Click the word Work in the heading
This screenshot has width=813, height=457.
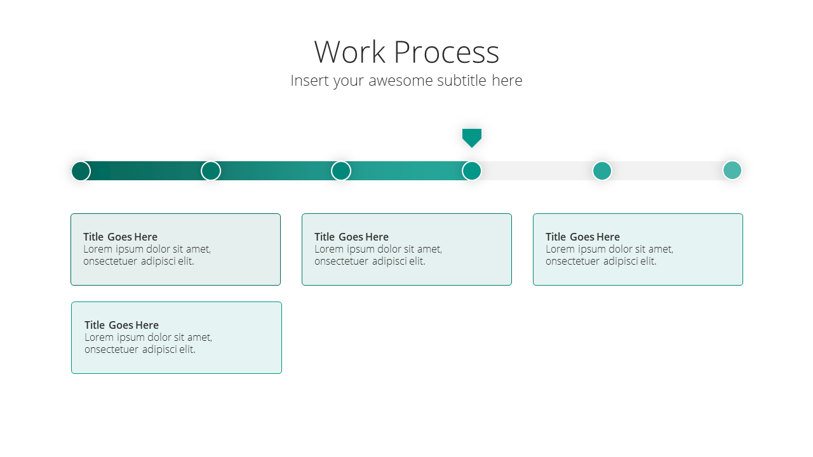pos(349,52)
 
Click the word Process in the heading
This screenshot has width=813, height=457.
pos(447,52)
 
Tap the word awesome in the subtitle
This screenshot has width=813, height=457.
pos(400,81)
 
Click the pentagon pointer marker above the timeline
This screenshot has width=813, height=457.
pos(472,138)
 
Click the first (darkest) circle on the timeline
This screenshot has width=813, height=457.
pos(81,171)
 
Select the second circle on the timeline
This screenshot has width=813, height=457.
pos(211,171)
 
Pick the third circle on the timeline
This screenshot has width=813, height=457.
pos(341,171)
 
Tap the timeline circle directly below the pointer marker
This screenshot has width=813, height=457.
pos(471,171)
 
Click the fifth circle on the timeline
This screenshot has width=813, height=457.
pos(601,171)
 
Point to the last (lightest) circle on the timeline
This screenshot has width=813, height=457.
pos(732,171)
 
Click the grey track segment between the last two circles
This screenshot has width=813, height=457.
pos(667,171)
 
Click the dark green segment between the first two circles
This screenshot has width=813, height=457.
pos(145,171)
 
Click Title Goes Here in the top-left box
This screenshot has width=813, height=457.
pos(120,237)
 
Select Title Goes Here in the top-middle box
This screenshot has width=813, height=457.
pos(351,237)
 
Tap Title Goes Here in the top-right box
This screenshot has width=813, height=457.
pos(582,237)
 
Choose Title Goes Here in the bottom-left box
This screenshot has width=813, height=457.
pos(121,325)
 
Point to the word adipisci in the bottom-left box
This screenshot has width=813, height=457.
pos(159,349)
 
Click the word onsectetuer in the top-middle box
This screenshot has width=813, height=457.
pos(341,262)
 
